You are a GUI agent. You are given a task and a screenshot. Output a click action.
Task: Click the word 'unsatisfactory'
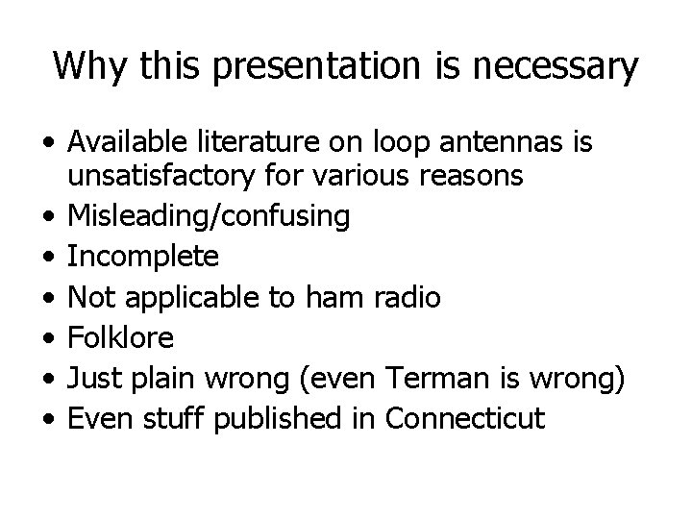(x=159, y=177)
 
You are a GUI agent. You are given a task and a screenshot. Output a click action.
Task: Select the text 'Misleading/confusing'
(x=209, y=217)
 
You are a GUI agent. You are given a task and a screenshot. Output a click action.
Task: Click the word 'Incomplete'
(x=143, y=258)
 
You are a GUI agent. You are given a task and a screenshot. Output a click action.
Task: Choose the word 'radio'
(x=409, y=298)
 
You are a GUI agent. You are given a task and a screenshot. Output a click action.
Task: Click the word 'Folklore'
(x=121, y=338)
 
